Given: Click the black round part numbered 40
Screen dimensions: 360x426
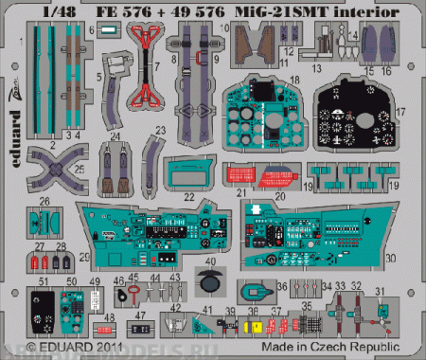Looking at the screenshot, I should [209, 279].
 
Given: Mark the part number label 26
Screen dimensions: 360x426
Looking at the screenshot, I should [44, 202].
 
